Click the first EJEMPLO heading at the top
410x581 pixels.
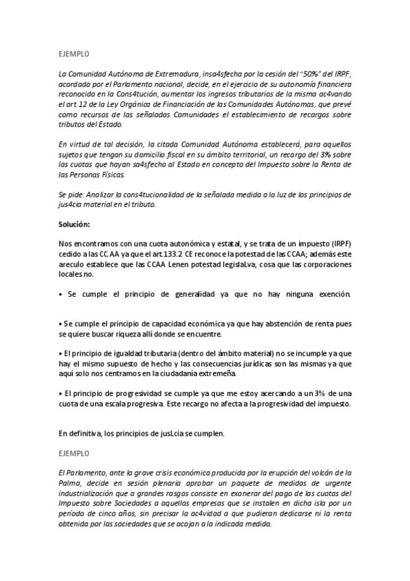pos(74,53)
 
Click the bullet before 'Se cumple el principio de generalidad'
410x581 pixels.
pos(61,294)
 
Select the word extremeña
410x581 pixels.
pos(216,374)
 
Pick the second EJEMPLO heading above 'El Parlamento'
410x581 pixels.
pos(74,453)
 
